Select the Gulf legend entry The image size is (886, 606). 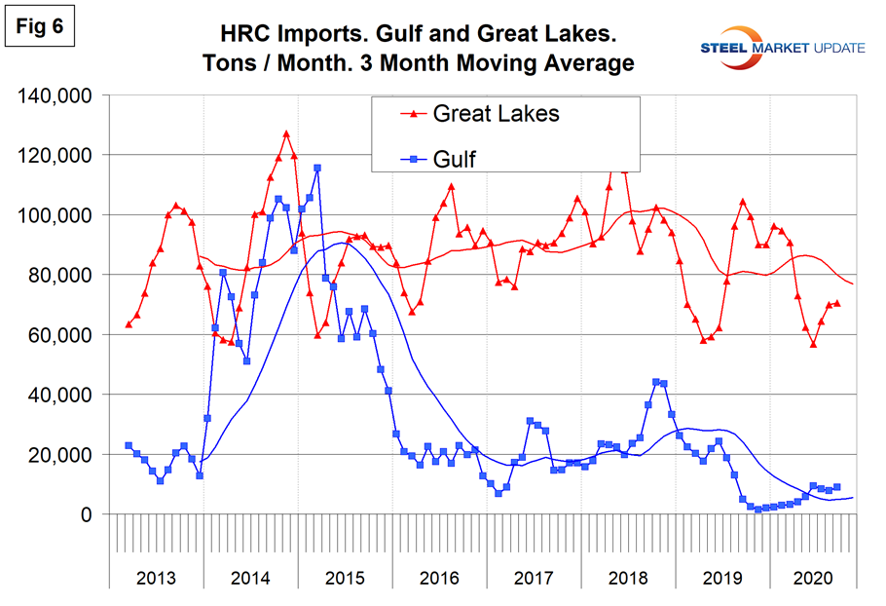[x=454, y=159]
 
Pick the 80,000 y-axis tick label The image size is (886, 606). [x=60, y=276]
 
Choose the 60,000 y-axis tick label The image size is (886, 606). [x=60, y=335]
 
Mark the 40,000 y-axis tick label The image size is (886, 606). [x=60, y=395]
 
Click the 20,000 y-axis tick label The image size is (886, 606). [x=60, y=455]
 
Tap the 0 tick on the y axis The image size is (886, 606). [x=85, y=514]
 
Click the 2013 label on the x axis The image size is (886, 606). [x=157, y=576]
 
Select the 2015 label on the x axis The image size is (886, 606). [x=345, y=576]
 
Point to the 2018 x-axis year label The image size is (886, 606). [x=627, y=576]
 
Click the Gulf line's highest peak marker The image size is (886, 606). [x=317, y=168]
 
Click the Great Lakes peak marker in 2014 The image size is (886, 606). [x=286, y=133]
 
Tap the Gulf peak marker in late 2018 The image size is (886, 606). [x=655, y=382]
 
